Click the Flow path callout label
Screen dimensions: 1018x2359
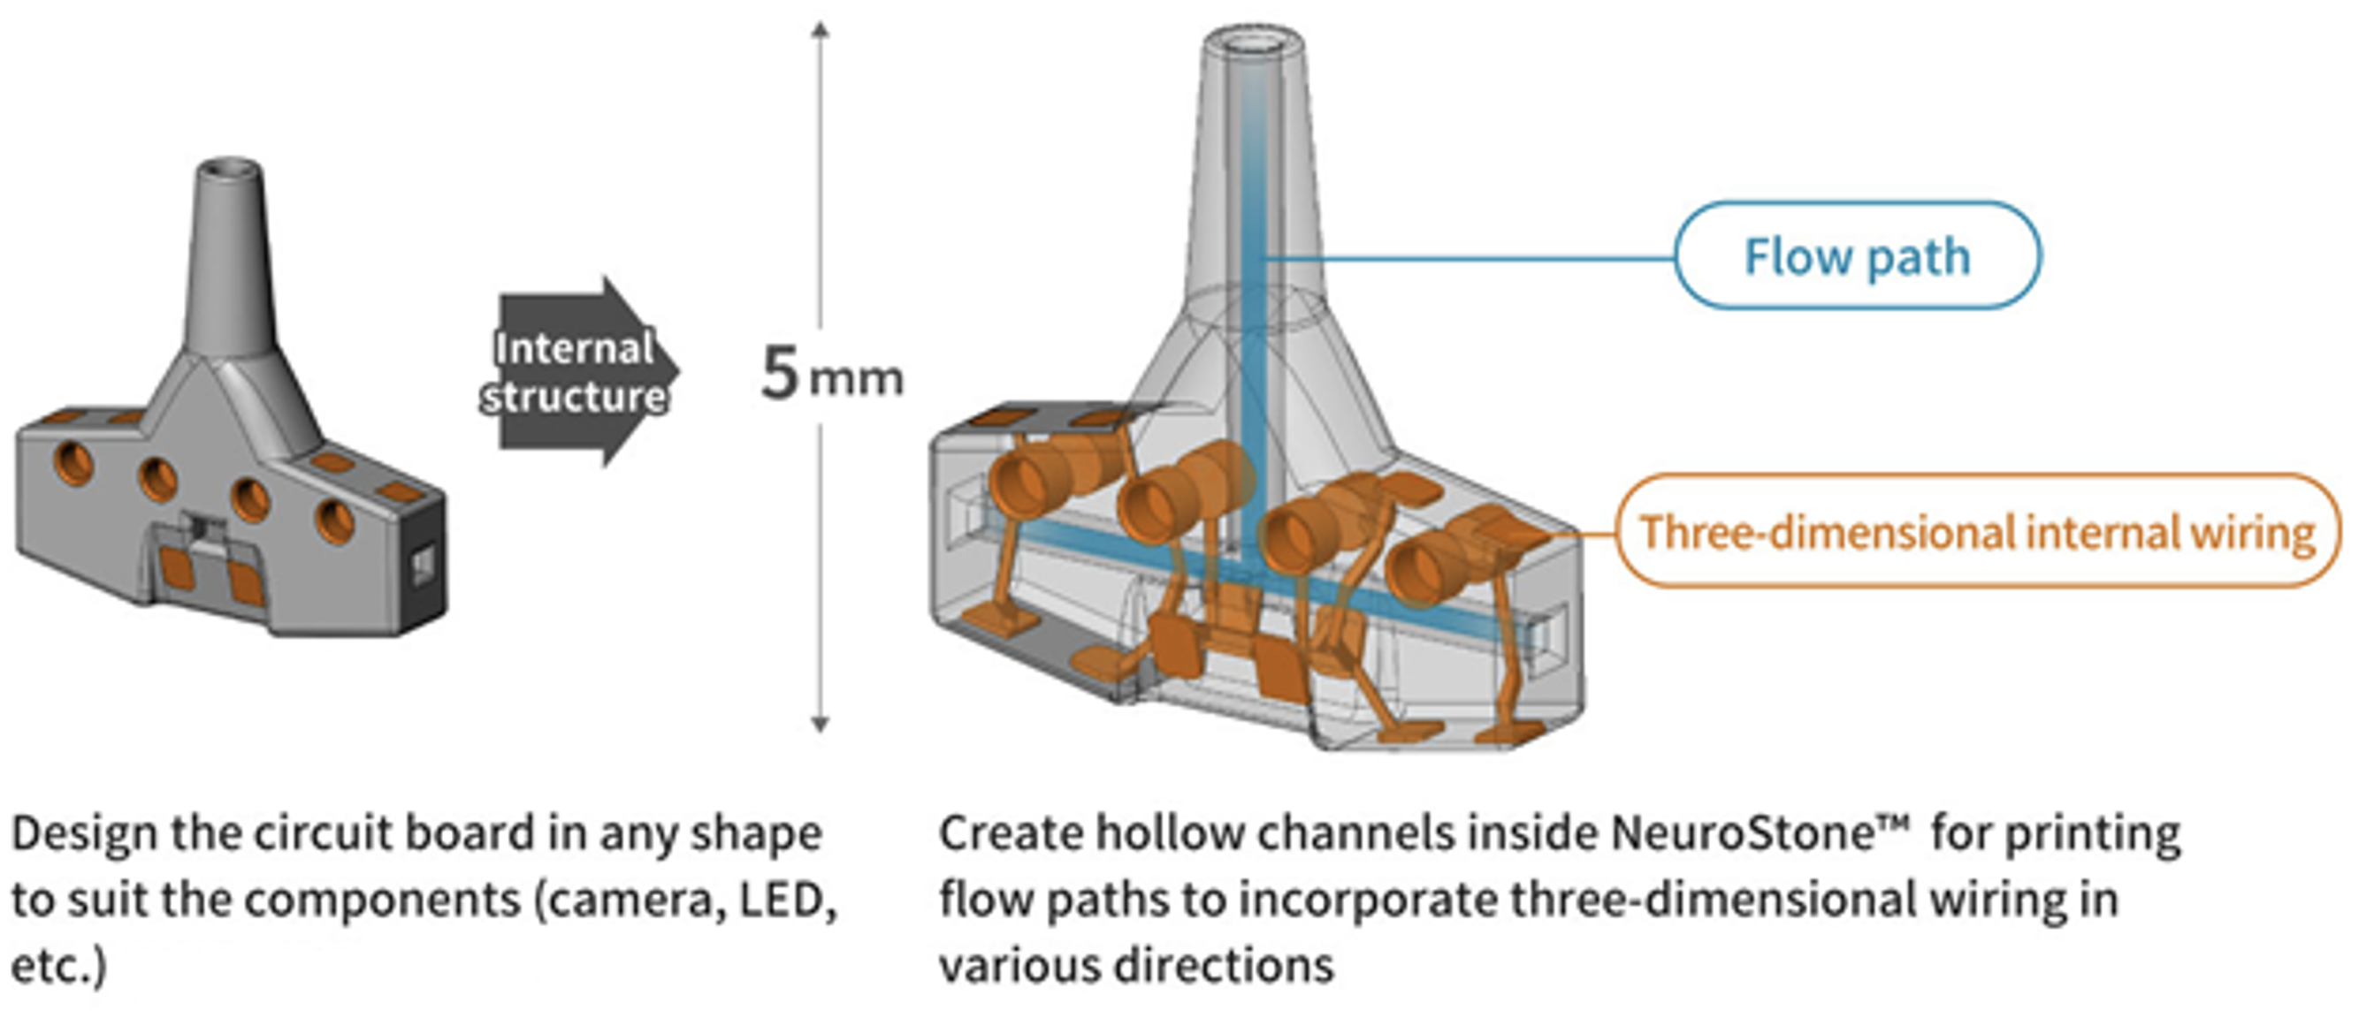coord(1856,255)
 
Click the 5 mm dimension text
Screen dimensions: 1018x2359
coord(829,375)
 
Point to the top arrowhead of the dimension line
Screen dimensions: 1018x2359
coord(821,29)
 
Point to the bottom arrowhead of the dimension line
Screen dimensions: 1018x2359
coord(821,724)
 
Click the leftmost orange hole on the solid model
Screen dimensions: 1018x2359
coord(73,462)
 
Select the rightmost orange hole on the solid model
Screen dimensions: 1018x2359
coord(334,520)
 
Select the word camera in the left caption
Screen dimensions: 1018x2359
coord(632,900)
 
